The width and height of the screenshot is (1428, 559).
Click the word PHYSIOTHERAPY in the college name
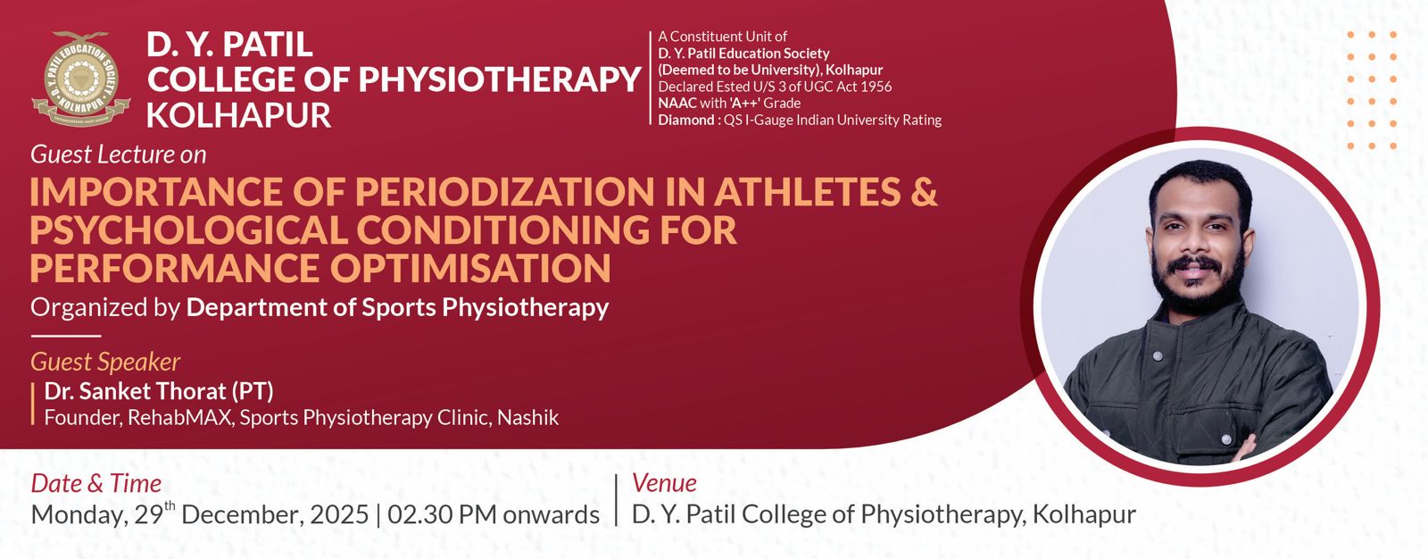tap(499, 80)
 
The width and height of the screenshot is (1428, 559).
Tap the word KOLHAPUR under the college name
tap(238, 115)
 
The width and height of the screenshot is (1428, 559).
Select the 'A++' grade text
tap(749, 104)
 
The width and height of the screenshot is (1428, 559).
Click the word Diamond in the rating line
tap(686, 120)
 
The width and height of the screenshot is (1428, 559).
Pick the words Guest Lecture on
tap(119, 155)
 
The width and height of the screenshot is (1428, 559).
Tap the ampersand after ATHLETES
tap(924, 191)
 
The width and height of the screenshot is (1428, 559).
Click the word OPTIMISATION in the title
tap(470, 267)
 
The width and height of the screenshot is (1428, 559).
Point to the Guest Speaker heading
tap(105, 362)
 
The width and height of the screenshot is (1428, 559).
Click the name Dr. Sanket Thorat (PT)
tap(159, 390)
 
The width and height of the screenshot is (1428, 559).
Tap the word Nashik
tap(527, 417)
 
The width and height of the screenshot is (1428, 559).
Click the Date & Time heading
tap(96, 483)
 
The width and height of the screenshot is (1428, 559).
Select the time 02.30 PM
tap(443, 515)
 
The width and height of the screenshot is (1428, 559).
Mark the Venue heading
tap(664, 483)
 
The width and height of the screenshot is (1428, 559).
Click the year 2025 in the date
tap(339, 515)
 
